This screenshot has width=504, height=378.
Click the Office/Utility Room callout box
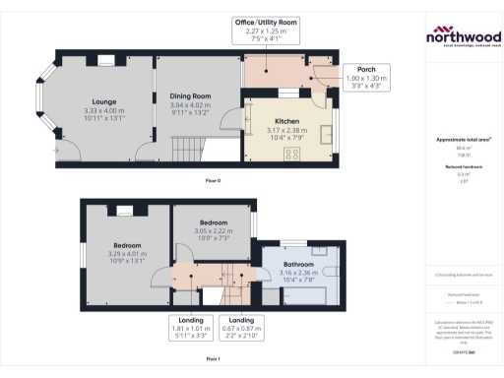pos(266,31)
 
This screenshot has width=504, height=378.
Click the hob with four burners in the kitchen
pos(293,154)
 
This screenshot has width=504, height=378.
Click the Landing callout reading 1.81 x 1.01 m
pos(193,330)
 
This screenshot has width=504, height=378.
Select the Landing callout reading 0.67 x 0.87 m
pos(240,330)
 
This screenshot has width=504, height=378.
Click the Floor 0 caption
pos(213,182)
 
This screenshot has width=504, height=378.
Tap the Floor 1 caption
pos(213,359)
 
